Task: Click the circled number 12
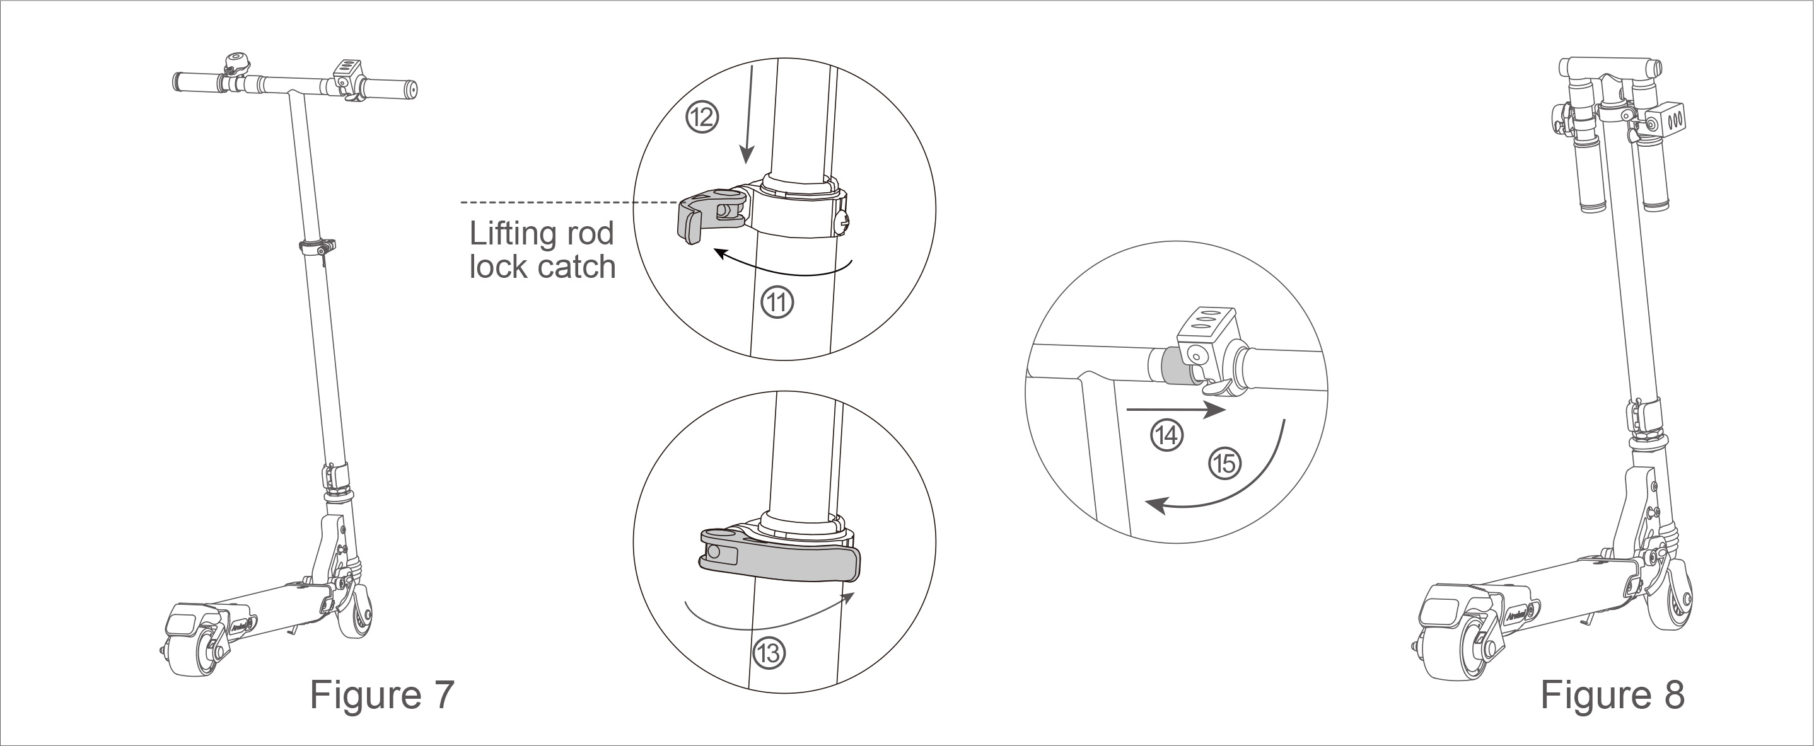pos(701,118)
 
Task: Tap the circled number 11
pos(777,302)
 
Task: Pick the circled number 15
pos(1225,464)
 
